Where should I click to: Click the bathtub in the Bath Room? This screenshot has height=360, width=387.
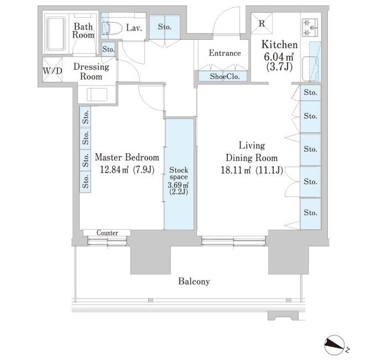pyautogui.click(x=56, y=34)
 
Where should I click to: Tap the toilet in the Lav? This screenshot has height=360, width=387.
pyautogui.click(x=112, y=27)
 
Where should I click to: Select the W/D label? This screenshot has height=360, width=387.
pyautogui.click(x=52, y=71)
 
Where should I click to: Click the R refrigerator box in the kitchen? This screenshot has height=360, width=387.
pyautogui.click(x=262, y=23)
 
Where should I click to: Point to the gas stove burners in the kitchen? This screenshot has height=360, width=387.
pyautogui.click(x=310, y=27)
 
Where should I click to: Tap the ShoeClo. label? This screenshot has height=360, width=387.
pyautogui.click(x=225, y=76)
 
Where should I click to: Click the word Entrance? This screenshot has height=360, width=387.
pyautogui.click(x=225, y=53)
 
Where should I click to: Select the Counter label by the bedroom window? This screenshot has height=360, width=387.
pyautogui.click(x=107, y=233)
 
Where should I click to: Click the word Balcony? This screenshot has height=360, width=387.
pyautogui.click(x=194, y=281)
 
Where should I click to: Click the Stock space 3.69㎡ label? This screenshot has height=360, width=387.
pyautogui.click(x=178, y=181)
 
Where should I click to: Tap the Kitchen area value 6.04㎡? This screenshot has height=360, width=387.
pyautogui.click(x=279, y=57)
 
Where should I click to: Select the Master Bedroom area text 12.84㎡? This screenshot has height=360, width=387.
pyautogui.click(x=114, y=170)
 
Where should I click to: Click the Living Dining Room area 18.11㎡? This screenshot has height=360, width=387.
pyautogui.click(x=236, y=170)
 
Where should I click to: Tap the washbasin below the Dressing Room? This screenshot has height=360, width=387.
pyautogui.click(x=97, y=95)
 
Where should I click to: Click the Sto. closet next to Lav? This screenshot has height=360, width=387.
pyautogui.click(x=164, y=27)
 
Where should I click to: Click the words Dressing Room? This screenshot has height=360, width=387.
pyautogui.click(x=91, y=72)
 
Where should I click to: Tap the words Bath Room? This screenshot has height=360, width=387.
pyautogui.click(x=83, y=30)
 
